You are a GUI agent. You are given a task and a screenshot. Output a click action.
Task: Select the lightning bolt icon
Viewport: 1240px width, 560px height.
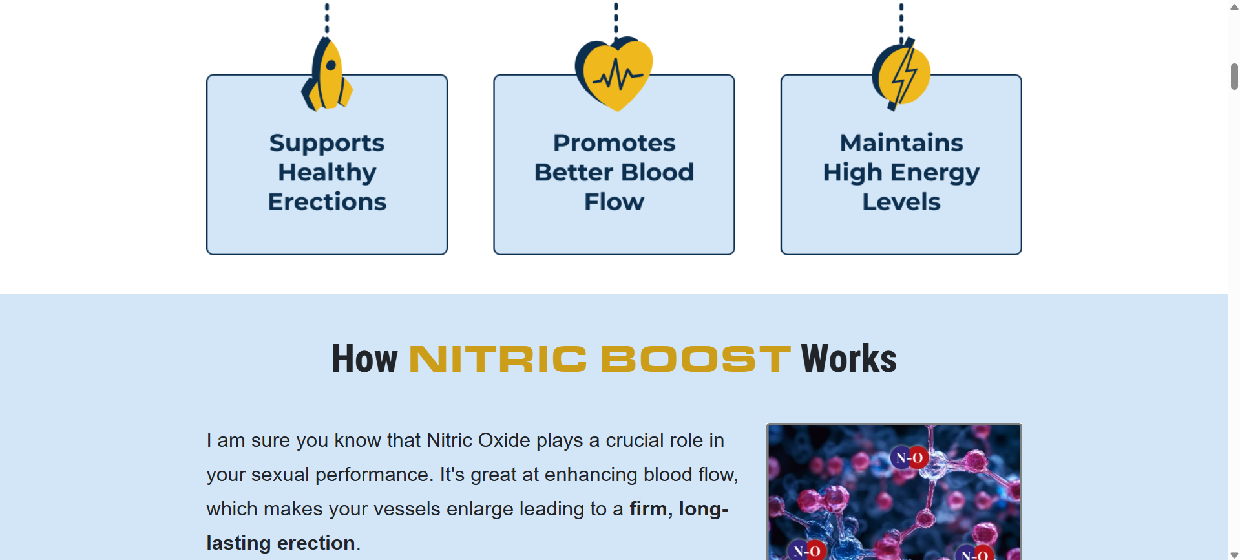pyautogui.click(x=901, y=74)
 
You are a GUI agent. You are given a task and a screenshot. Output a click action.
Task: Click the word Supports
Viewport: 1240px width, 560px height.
pyautogui.click(x=327, y=144)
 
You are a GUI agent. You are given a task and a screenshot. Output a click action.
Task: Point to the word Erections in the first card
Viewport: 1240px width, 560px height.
pyautogui.click(x=327, y=202)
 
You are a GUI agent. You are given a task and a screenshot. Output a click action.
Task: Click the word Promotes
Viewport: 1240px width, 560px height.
pyautogui.click(x=614, y=143)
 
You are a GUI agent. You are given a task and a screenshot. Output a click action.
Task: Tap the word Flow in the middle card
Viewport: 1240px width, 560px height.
pyautogui.click(x=614, y=202)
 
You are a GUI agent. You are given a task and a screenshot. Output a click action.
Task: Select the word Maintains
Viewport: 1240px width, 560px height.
pyautogui.click(x=901, y=143)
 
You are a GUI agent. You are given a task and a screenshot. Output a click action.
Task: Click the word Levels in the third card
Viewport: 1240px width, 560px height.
pyautogui.click(x=901, y=202)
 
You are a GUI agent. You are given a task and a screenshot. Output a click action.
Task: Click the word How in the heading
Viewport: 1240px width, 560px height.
pyautogui.click(x=364, y=359)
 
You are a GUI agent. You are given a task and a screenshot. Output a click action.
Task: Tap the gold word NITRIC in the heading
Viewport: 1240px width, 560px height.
pyautogui.click(x=498, y=359)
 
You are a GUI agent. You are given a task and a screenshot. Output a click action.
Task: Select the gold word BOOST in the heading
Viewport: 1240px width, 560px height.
pyautogui.click(x=696, y=359)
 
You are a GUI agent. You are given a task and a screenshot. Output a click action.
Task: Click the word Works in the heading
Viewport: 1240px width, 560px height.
pyautogui.click(x=849, y=359)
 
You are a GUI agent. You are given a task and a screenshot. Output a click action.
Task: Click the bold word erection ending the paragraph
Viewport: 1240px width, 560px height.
pyautogui.click(x=316, y=543)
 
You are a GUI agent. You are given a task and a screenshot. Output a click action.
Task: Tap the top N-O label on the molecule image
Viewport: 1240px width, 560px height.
pyautogui.click(x=909, y=458)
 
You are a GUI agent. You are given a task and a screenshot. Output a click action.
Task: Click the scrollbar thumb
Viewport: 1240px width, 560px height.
pyautogui.click(x=1234, y=76)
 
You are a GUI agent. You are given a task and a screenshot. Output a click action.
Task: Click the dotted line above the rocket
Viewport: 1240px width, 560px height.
pyautogui.click(x=327, y=18)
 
